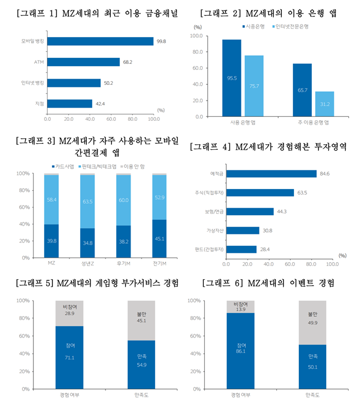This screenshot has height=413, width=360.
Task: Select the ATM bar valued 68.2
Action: coord(83,62)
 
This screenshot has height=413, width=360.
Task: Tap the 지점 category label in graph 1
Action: coord(40,103)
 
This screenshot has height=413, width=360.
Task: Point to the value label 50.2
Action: coord(108,83)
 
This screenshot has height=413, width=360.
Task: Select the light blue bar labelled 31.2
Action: coord(324,104)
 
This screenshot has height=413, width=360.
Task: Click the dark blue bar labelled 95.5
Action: coord(232,78)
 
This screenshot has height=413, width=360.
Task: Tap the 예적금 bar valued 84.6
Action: coord(271,174)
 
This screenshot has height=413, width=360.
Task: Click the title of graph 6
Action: coord(268,284)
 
